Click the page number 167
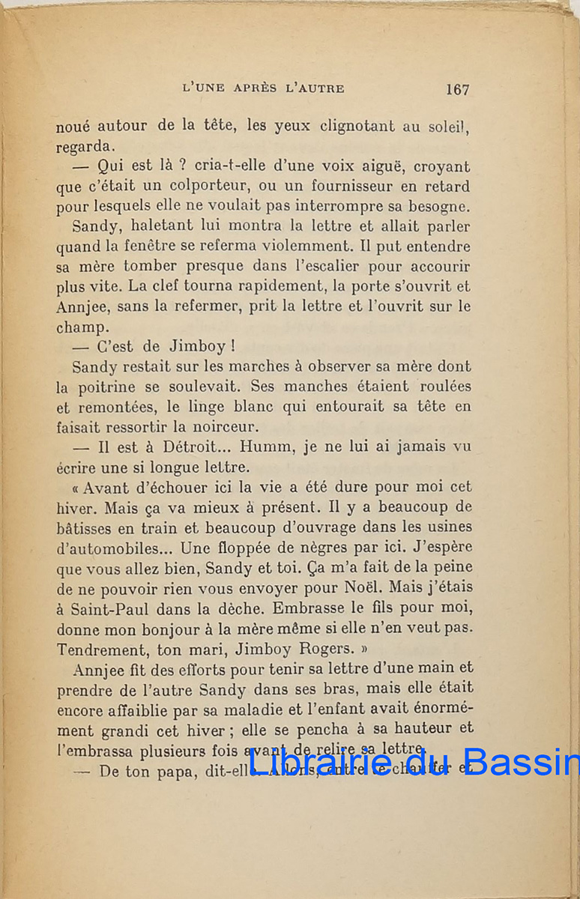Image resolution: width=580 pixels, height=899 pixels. click(457, 89)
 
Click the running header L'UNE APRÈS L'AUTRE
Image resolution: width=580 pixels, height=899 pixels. click(263, 88)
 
